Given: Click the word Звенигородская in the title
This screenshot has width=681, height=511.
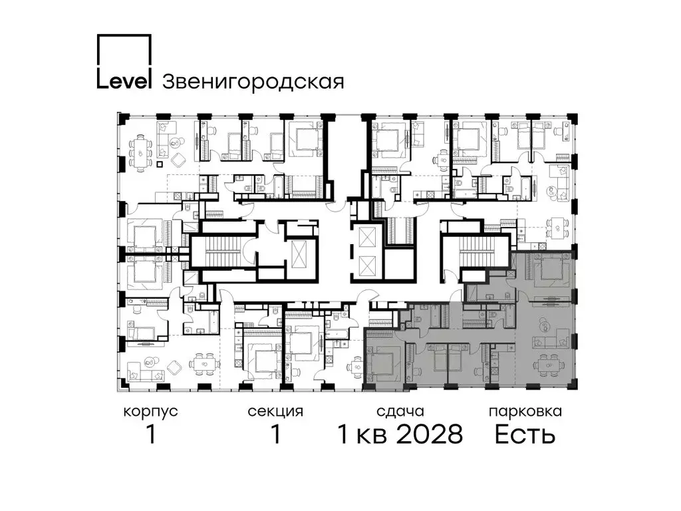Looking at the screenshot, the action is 253,81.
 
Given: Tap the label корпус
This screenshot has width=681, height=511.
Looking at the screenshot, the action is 150,411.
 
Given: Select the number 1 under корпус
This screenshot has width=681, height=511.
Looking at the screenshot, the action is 151,434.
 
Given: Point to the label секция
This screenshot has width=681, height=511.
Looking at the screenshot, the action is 275,411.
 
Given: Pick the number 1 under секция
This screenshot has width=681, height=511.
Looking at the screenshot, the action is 276,434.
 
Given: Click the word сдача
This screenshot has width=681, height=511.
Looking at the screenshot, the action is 400,411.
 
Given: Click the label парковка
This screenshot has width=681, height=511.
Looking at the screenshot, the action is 525,411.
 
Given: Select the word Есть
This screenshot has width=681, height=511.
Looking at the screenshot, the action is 525,434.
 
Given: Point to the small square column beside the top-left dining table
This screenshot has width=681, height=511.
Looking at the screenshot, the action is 160,164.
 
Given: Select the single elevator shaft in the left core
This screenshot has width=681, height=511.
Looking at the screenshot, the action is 299,254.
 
